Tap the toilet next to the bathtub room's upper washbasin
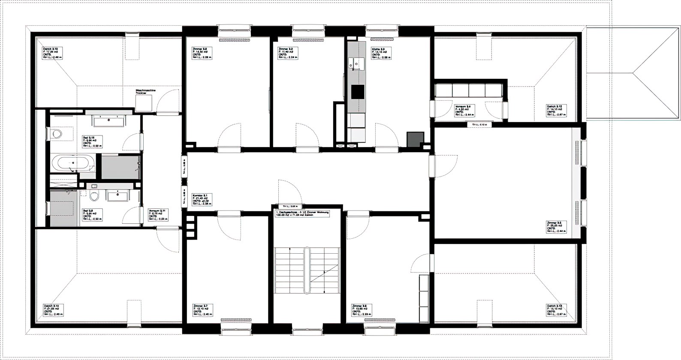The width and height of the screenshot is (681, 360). point(56,134)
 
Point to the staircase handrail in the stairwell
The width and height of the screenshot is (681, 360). point(307,270)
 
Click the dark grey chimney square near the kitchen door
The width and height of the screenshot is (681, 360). point(415,139)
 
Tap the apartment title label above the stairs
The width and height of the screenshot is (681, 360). point(302,213)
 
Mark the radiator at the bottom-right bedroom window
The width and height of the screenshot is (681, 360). point(380,319)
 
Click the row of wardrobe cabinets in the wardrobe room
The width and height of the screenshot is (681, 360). point(468,91)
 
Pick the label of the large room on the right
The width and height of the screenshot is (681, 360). point(556,228)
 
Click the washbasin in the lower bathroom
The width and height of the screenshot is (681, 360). point(118,196)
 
